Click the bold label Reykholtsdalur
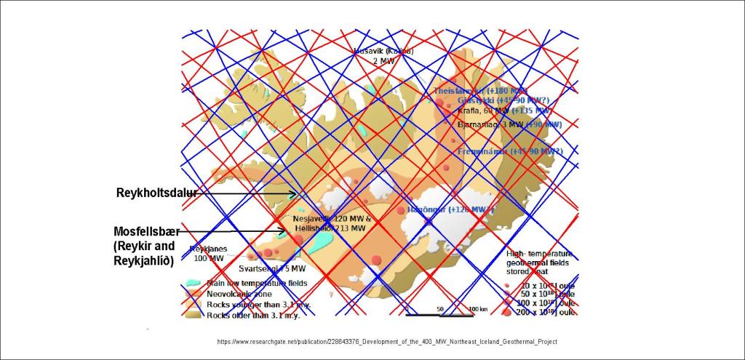(156, 193)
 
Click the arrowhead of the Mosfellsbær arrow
(285, 232)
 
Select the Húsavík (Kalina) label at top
(383, 52)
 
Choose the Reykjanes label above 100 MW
(209, 249)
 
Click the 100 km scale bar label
(478, 309)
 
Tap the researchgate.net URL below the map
(387, 342)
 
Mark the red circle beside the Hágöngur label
(401, 210)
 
